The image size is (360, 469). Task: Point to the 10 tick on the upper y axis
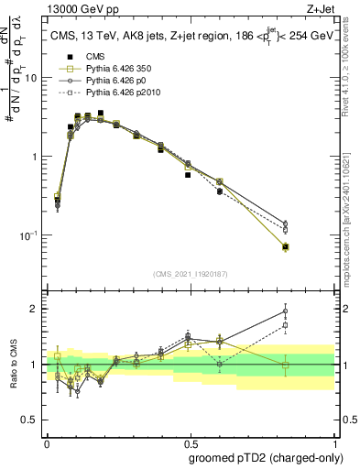tap(34, 78)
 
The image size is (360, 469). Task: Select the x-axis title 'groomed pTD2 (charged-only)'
tap(266, 457)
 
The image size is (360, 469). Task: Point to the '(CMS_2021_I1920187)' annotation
tap(191, 273)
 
